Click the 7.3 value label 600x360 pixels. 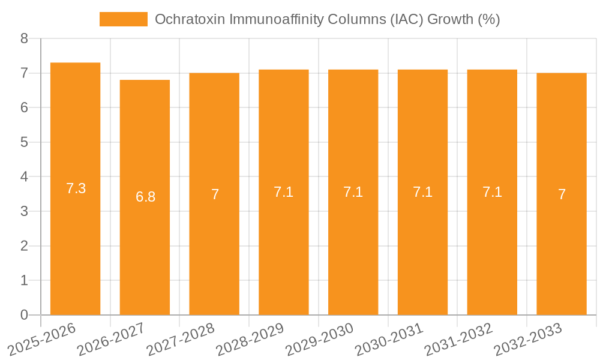tap(76, 188)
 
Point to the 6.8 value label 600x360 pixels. tap(145, 197)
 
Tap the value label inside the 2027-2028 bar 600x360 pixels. tap(215, 194)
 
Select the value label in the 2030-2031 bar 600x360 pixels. tap(422, 192)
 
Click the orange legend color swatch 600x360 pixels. tap(123, 19)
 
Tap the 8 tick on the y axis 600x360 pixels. tap(24, 39)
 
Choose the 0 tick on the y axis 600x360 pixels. tap(24, 315)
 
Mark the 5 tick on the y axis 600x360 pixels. tap(24, 142)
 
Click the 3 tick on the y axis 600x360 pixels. tap(24, 211)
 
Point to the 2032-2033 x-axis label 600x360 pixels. tap(527, 340)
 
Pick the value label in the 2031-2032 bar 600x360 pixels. tap(492, 192)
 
